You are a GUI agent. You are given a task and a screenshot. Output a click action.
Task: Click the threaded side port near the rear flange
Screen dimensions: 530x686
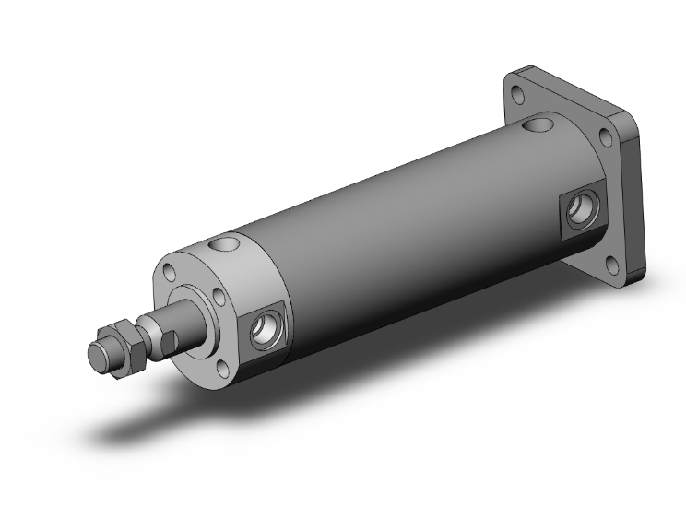point(580,210)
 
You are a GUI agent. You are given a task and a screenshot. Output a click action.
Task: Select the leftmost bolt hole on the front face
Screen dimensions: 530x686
point(169,272)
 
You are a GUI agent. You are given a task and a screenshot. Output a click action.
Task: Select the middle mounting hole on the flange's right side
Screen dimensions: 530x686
point(605,138)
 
